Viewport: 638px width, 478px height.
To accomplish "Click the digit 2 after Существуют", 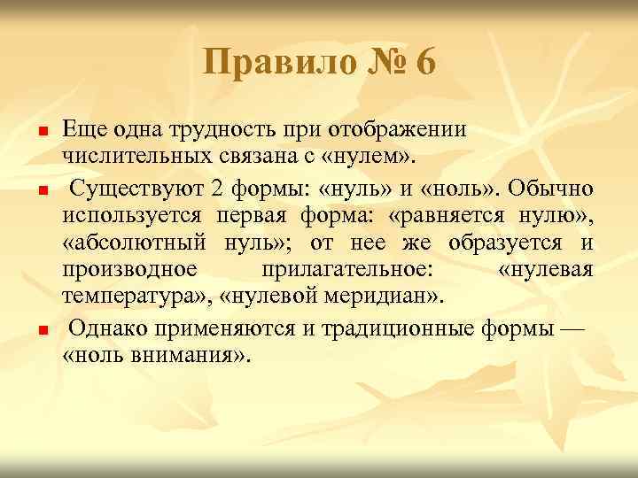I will [x=216, y=188].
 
